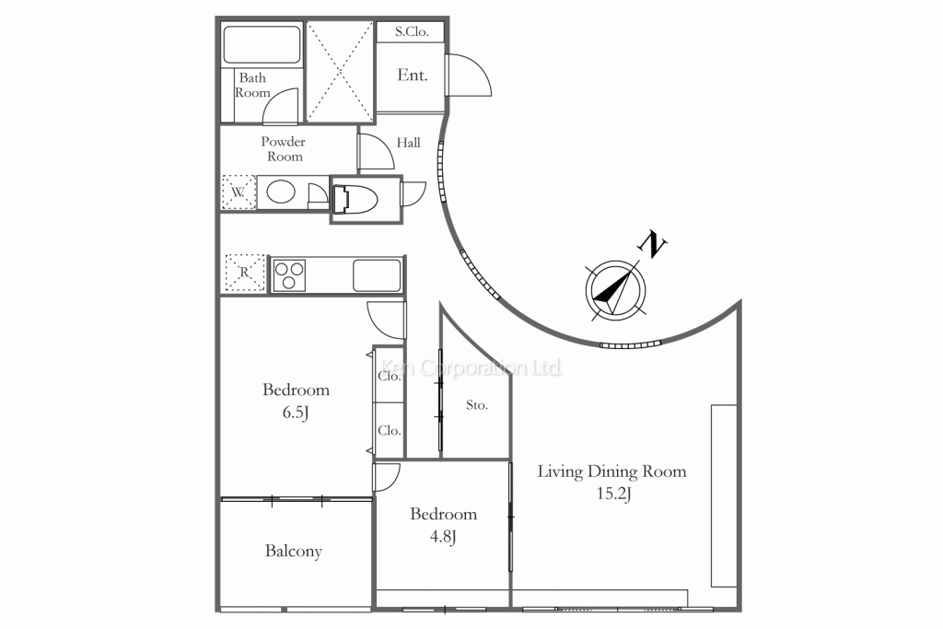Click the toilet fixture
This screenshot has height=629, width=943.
coord(355,199)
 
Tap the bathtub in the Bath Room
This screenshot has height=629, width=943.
coord(262,44)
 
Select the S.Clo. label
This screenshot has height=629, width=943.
coord(412,32)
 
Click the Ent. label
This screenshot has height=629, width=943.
coord(413,76)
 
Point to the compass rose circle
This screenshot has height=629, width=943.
coord(616,290)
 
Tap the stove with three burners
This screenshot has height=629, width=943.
coord(289,275)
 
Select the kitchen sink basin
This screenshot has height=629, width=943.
coord(377,275)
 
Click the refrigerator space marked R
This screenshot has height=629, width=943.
coord(245,274)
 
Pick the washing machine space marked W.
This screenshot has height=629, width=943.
coord(239,192)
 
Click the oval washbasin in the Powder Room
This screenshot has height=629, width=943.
coord(281,192)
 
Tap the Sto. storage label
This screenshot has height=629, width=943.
coord(476,405)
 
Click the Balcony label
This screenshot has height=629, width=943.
coord(294,552)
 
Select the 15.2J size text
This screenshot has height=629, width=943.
coord(613,494)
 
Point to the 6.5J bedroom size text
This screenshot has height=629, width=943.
coord(296,413)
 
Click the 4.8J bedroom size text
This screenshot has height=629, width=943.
coord(443,536)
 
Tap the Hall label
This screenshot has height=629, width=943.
coord(408,143)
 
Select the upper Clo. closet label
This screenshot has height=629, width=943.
coord(390,377)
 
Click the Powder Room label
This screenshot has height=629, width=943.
coord(284,149)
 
